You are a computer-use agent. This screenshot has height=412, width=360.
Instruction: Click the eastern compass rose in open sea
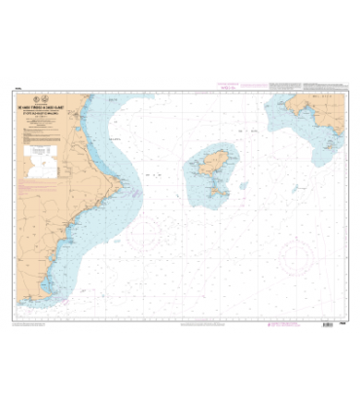pos(296,258)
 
